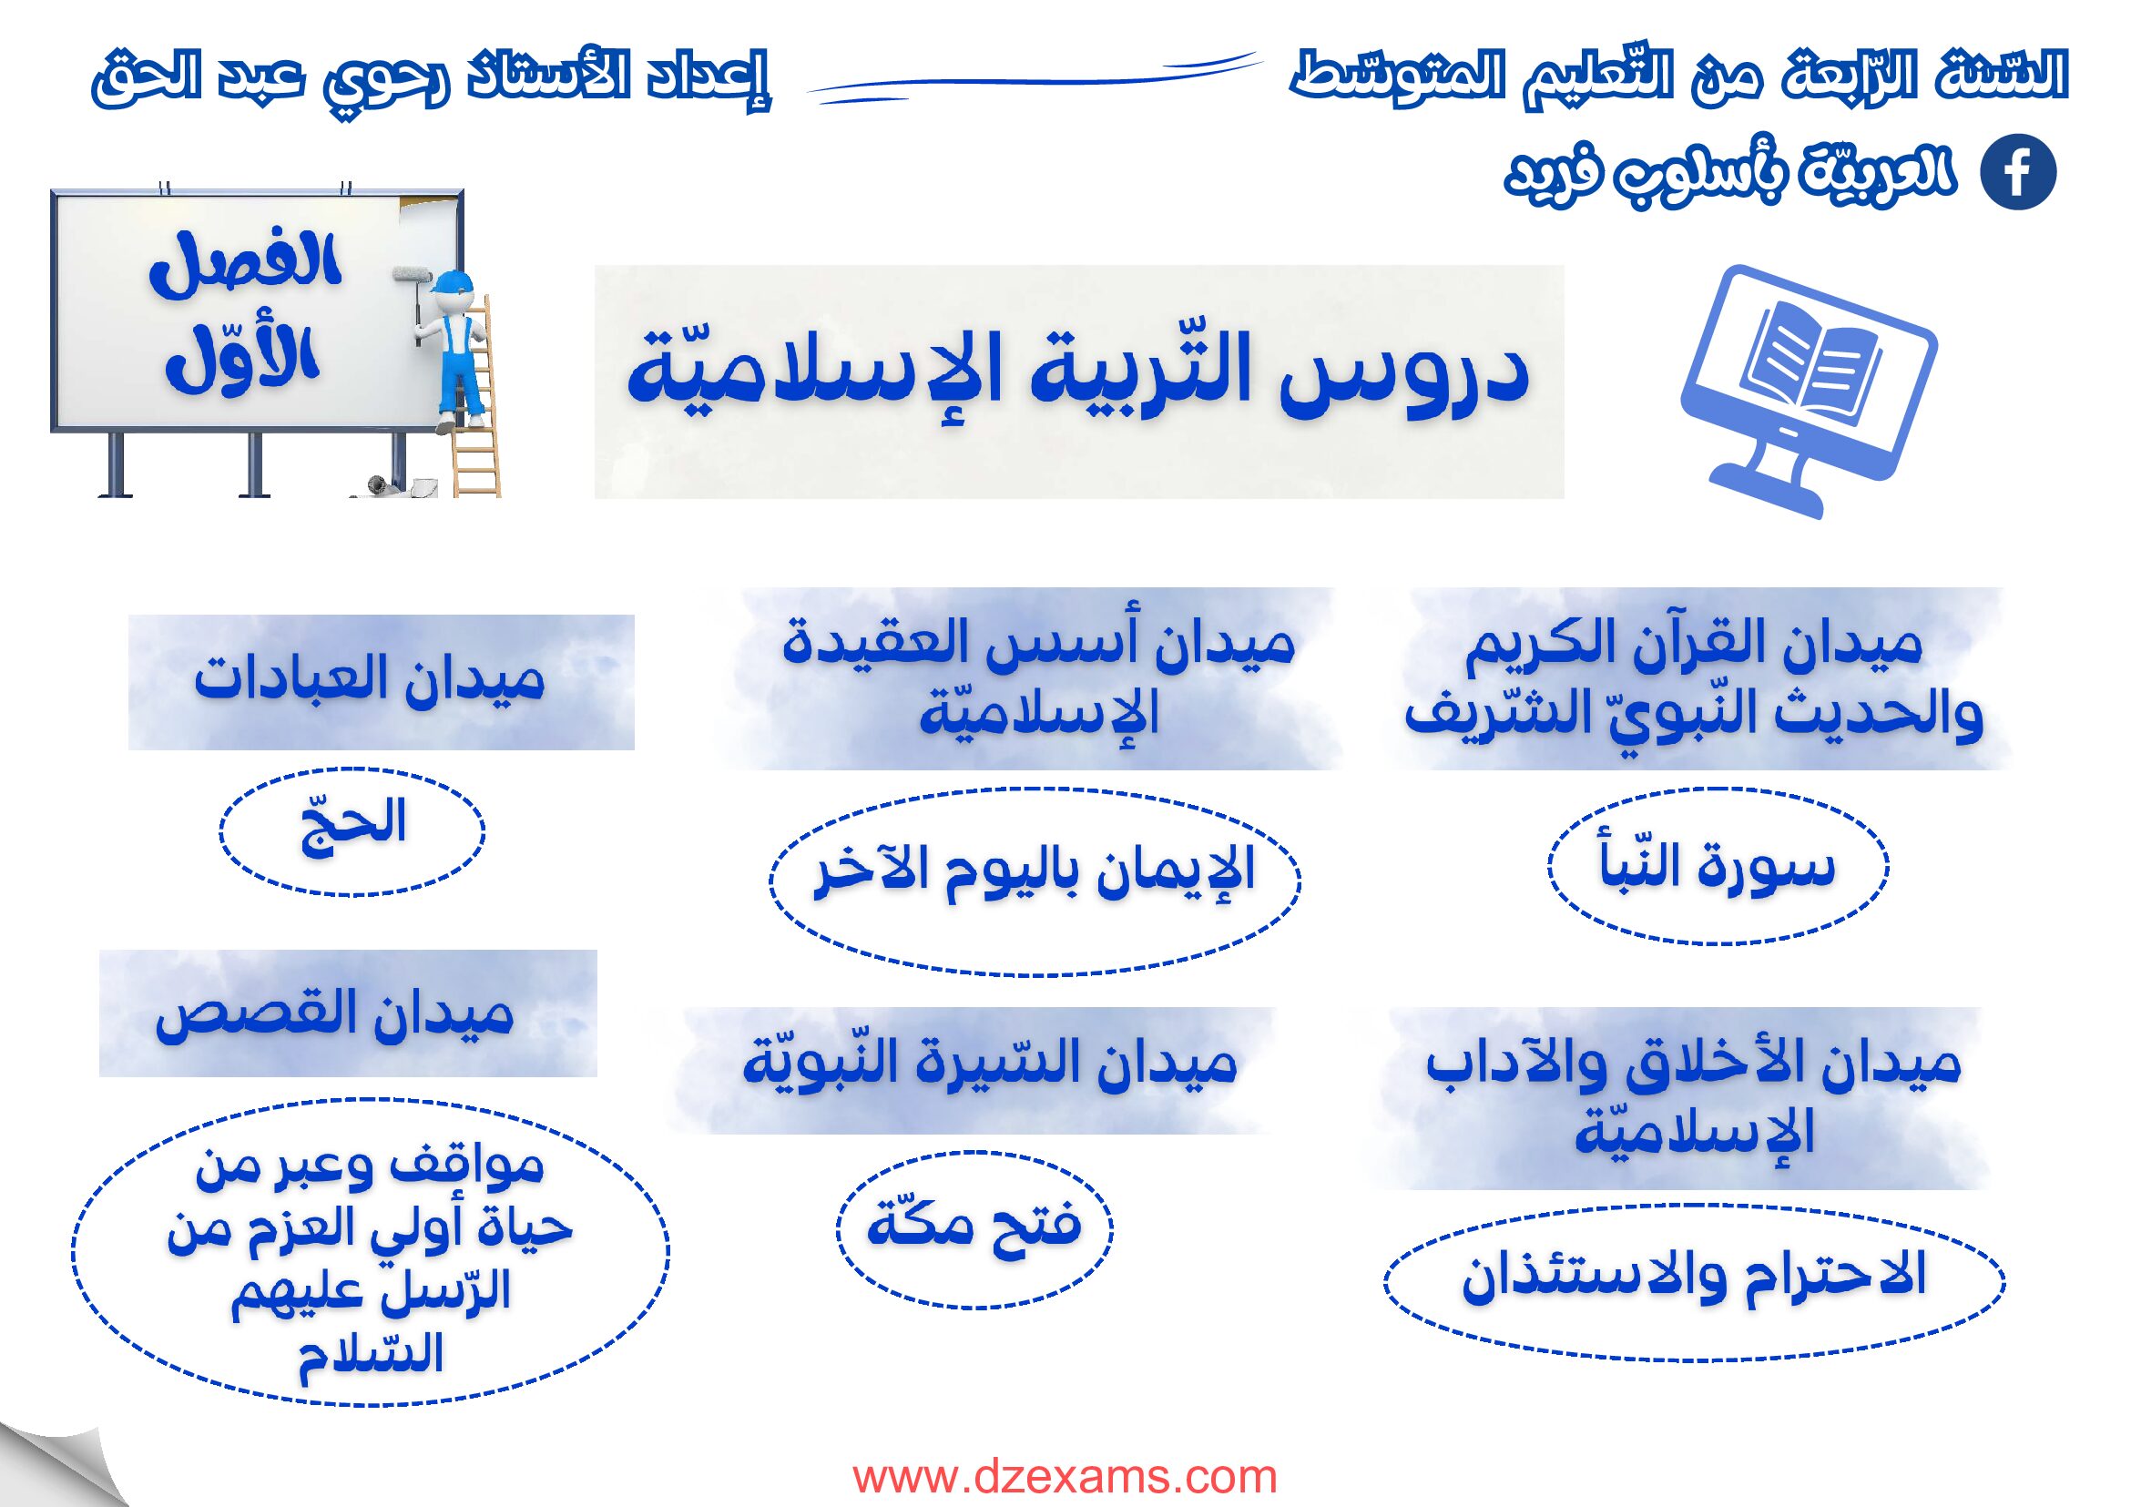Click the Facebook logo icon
pos(2018,172)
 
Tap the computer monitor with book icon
pos(1809,390)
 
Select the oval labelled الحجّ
pos(352,831)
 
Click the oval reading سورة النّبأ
pos(1718,867)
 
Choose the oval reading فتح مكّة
pos(974,1229)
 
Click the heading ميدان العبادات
pos(370,680)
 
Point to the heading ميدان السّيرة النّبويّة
pos(989,1064)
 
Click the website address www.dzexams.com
pos(1065,1474)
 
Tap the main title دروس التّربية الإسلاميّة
pos(1077,377)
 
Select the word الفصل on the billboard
pos(246,266)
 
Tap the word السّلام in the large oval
pos(372,1356)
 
